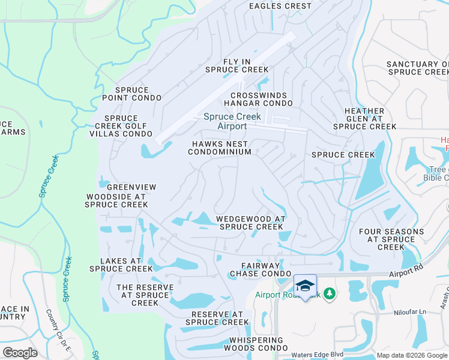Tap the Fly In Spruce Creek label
pyautogui.click(x=237, y=66)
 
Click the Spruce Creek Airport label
pyautogui.click(x=224, y=121)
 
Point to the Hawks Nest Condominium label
pyautogui.click(x=219, y=148)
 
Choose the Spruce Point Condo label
pyautogui.click(x=131, y=94)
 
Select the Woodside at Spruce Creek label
pyautogui.click(x=117, y=200)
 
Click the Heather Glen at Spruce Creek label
pyautogui.click(x=364, y=119)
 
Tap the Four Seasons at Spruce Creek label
pyautogui.click(x=387, y=239)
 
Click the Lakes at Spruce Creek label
pyautogui.click(x=121, y=265)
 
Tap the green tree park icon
pyautogui.click(x=328, y=293)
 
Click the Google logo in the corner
pyautogui.click(x=19, y=353)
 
